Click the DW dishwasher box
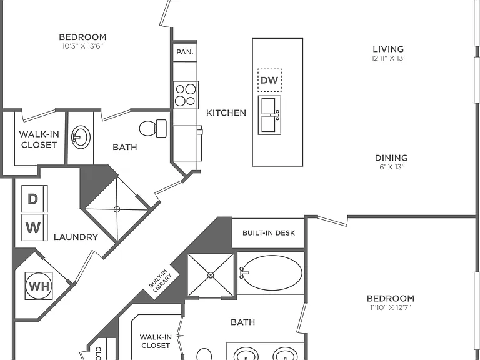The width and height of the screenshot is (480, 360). tap(269, 80)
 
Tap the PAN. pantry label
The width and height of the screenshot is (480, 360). tap(185, 52)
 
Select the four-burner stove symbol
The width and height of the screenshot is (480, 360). tap(186, 95)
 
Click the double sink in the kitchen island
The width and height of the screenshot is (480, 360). tap(269, 115)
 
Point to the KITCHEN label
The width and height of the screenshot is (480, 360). tap(226, 113)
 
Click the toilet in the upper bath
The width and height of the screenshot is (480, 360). tap(153, 128)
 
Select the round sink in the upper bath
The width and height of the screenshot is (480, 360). tap(81, 136)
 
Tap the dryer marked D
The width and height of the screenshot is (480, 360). tap(34, 199)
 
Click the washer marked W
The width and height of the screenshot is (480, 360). tap(34, 227)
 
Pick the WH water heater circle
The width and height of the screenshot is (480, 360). tap(39, 286)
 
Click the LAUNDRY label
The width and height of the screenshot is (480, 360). tap(76, 237)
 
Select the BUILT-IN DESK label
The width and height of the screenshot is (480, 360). tap(269, 233)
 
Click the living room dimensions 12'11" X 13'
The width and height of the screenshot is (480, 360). tap(388, 58)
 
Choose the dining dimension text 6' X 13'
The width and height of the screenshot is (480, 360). tap(391, 167)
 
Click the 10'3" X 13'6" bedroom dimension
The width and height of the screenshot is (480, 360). tap(82, 46)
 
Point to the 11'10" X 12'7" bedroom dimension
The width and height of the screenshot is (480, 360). tap(391, 307)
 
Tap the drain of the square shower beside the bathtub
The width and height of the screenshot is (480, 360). tap(211, 275)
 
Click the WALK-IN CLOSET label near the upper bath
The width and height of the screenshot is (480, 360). tap(39, 139)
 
